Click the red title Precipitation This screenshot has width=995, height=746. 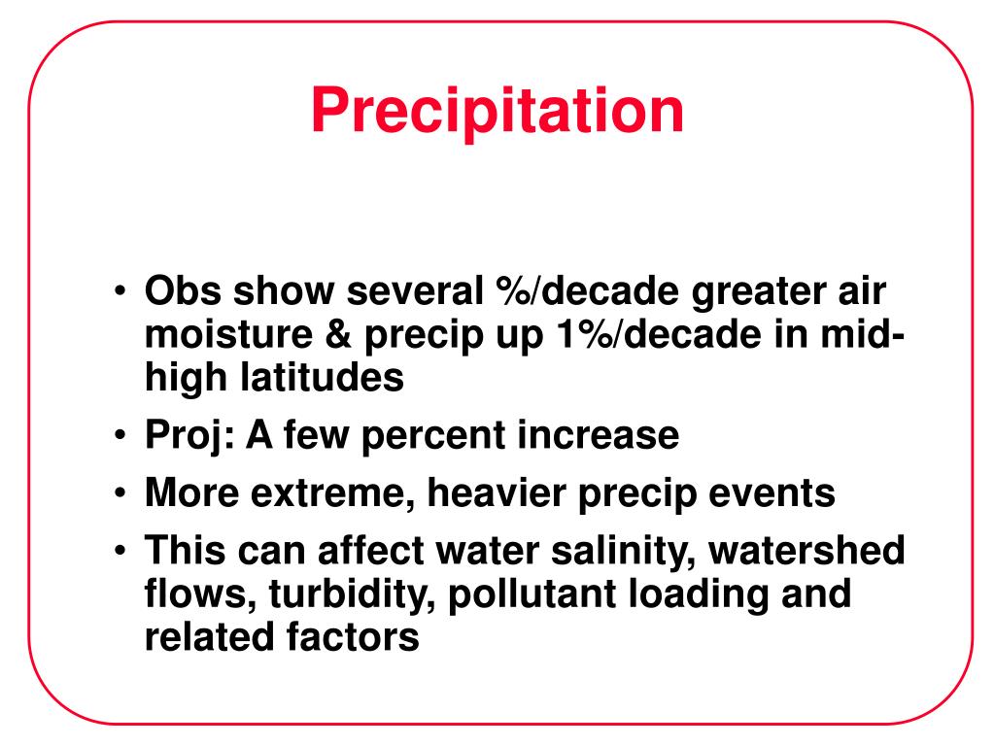point(497,112)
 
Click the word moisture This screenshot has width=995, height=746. point(228,334)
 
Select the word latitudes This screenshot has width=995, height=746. point(322,378)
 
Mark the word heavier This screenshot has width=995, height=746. point(497,492)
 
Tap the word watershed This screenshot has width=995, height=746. point(806,550)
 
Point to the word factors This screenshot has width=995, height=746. point(352,637)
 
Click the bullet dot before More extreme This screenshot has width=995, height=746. point(120,492)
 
